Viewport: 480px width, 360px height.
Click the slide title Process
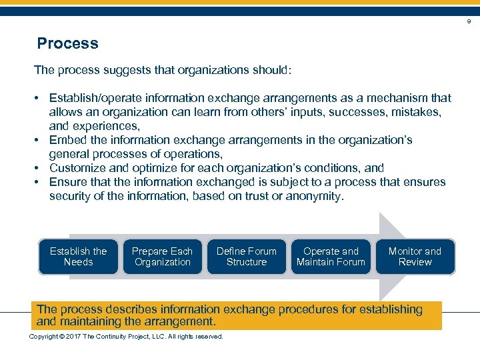click(x=67, y=44)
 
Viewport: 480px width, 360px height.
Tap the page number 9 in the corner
click(x=468, y=22)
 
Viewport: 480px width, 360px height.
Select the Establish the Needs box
click(x=78, y=257)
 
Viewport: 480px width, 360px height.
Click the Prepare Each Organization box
click(x=162, y=257)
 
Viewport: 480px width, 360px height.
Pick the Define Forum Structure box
click(x=246, y=257)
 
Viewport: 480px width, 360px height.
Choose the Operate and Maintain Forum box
click(x=331, y=257)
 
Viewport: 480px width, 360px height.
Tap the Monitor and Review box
click(x=415, y=257)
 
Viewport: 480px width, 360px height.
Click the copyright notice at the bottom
click(x=126, y=336)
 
